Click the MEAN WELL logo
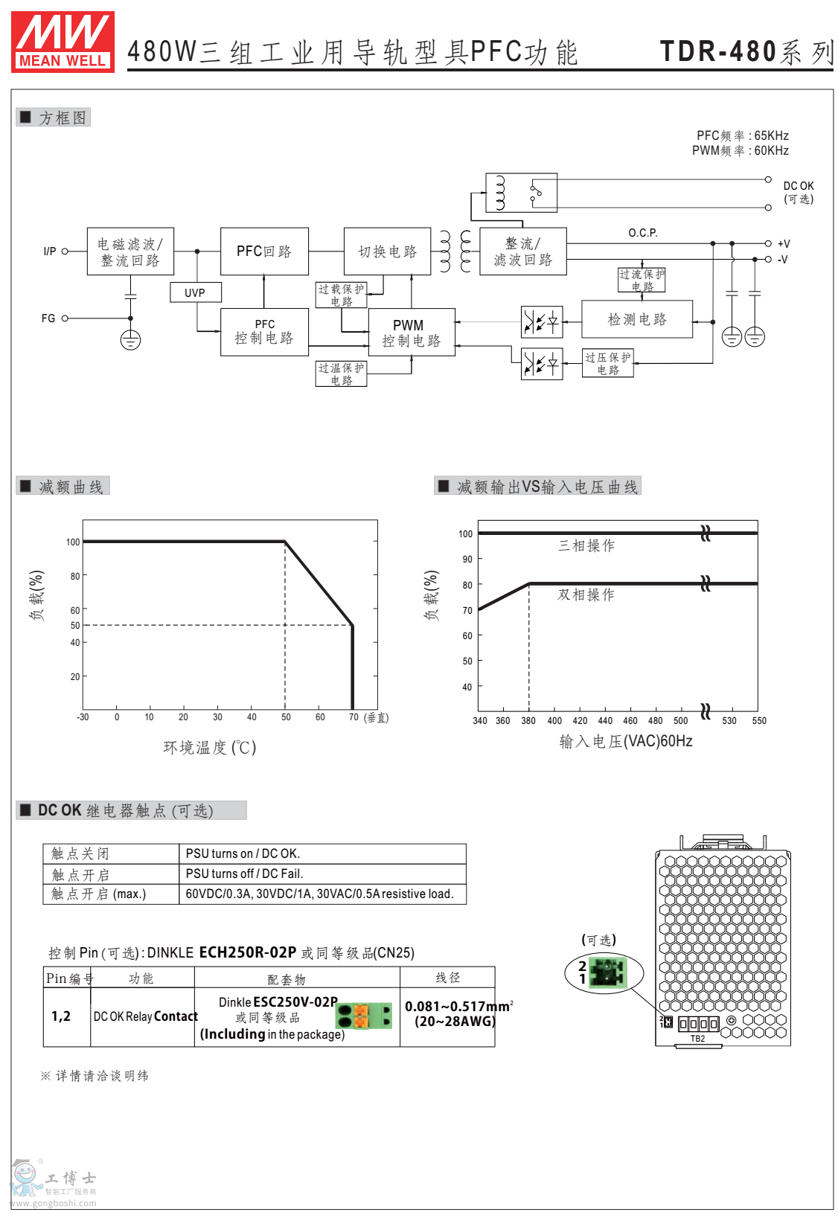[x=63, y=42]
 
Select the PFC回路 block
[x=264, y=251]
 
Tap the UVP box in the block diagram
[x=195, y=292]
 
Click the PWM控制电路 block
[x=411, y=333]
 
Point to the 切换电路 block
[x=387, y=251]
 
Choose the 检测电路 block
[x=637, y=319]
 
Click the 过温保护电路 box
[x=341, y=374]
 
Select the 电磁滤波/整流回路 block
[x=130, y=251]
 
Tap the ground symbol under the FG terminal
[x=130, y=341]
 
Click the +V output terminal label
[x=784, y=243]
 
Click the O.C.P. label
[x=643, y=233]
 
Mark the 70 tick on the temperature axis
[x=354, y=717]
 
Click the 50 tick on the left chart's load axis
[x=75, y=626]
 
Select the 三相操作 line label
[x=586, y=545]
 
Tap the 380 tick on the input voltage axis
[x=528, y=720]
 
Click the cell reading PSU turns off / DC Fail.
[x=245, y=874]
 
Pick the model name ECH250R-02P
[x=248, y=952]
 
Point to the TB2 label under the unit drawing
[x=697, y=1039]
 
